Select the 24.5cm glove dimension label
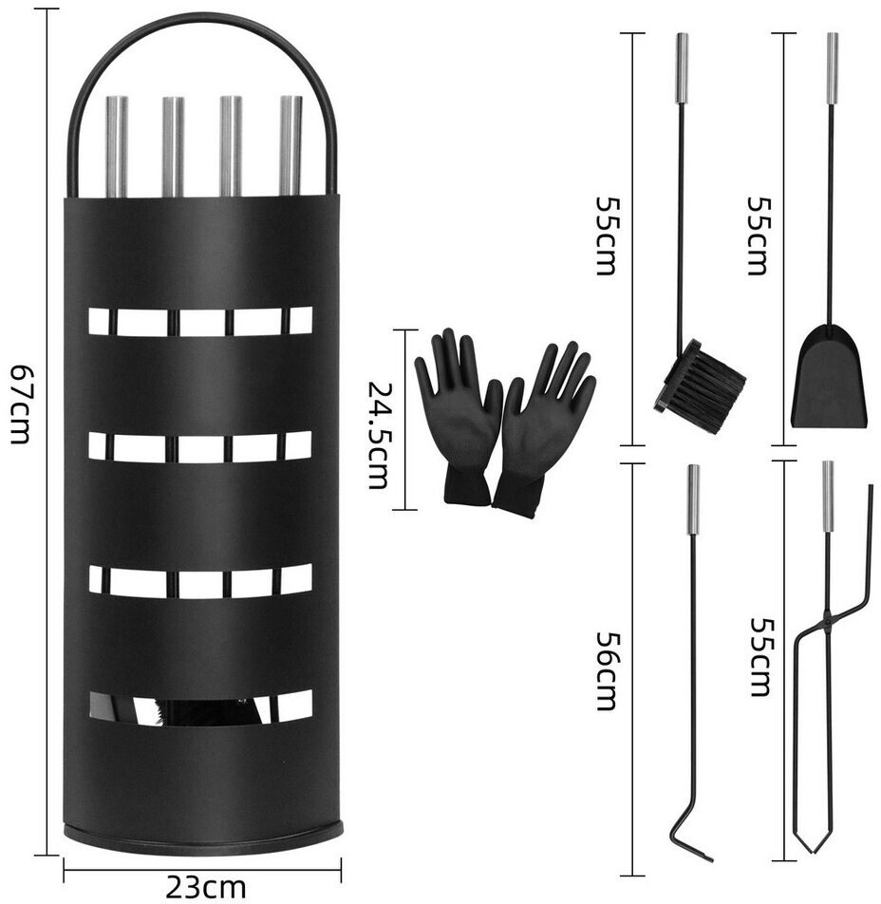[379, 435]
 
